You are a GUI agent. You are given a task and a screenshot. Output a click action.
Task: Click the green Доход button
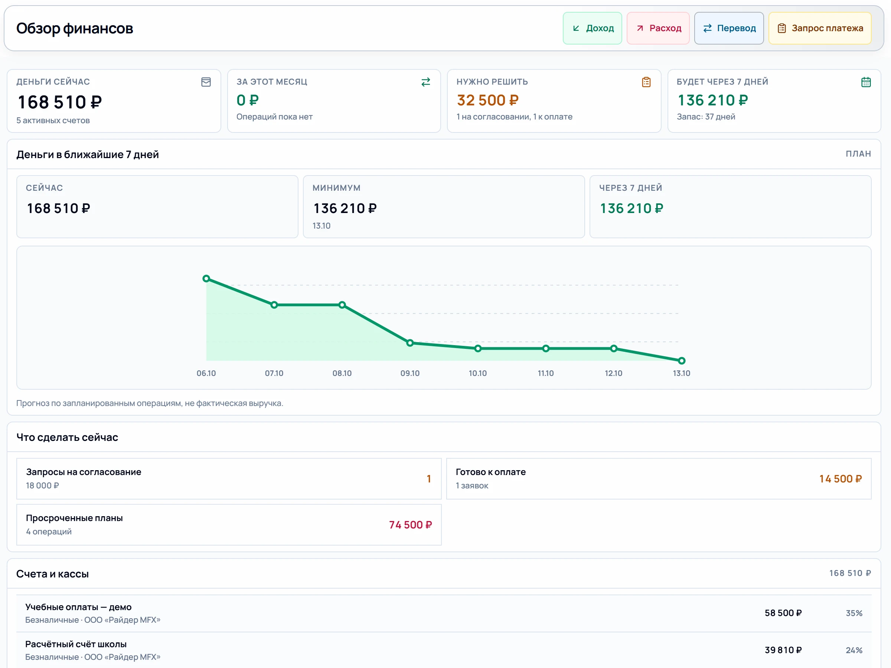[592, 28]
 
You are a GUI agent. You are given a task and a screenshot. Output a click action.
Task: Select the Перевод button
[729, 28]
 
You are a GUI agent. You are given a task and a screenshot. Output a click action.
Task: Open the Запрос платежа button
[820, 28]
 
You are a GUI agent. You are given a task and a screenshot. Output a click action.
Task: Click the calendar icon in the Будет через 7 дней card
[866, 82]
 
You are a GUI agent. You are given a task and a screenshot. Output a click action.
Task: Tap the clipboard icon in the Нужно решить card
[646, 82]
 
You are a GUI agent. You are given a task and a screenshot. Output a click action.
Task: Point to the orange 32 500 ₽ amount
[488, 100]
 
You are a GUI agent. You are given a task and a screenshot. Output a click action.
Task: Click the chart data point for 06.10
[206, 279]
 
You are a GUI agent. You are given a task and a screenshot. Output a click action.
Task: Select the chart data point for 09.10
[410, 343]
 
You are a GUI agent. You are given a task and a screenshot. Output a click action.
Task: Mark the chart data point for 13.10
[682, 361]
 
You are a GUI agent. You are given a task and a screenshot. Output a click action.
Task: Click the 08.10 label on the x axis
[342, 373]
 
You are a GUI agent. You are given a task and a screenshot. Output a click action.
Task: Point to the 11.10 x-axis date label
[546, 373]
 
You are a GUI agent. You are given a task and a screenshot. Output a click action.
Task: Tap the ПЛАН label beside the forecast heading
[858, 154]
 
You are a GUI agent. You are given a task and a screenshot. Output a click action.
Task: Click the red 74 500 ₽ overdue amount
[411, 525]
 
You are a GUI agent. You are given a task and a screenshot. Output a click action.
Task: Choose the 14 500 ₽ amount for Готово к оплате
[841, 479]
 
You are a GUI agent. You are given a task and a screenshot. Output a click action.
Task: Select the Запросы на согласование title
[84, 472]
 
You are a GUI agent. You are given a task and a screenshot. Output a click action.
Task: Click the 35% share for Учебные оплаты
[854, 613]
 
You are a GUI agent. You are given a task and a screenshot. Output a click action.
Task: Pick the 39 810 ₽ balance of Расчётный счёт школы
[783, 650]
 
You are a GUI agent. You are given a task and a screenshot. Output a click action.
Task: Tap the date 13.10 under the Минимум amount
[322, 226]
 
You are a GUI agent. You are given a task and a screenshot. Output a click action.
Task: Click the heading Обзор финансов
[75, 29]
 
